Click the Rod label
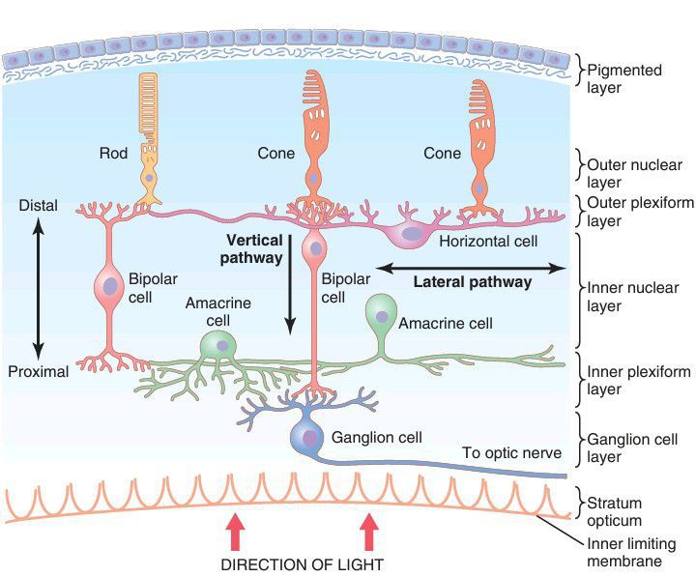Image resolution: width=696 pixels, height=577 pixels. pyautogui.click(x=113, y=153)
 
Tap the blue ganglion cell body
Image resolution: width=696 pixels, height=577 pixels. pyautogui.click(x=308, y=438)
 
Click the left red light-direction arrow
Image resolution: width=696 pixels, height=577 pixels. pyautogui.click(x=233, y=531)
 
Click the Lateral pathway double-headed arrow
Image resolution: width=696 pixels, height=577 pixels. pyautogui.click(x=471, y=267)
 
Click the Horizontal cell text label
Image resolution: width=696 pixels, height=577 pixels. pyautogui.click(x=487, y=241)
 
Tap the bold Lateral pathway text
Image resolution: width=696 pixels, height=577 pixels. pyautogui.click(x=472, y=282)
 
